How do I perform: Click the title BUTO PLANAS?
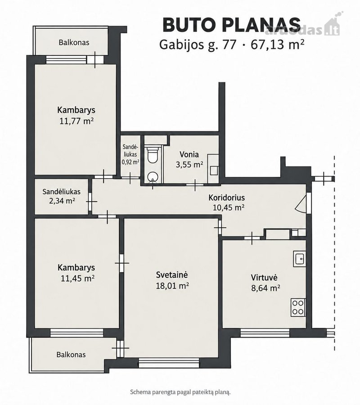[232, 25]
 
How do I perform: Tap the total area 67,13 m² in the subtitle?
[277, 45]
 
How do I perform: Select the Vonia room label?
[189, 154]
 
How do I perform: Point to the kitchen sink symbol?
[299, 259]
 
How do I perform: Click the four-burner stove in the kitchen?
[298, 307]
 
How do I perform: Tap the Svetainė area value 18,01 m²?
[172, 286]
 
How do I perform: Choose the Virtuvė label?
[264, 278]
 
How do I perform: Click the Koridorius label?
[226, 198]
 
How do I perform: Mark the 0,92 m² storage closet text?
[130, 162]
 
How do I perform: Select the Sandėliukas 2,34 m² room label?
[62, 196]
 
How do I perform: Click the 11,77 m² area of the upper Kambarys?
[76, 121]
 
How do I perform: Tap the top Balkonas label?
[74, 42]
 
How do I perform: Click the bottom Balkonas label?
[71, 355]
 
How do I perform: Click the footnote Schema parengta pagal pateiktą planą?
[180, 392]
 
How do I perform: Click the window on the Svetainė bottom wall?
[169, 363]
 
